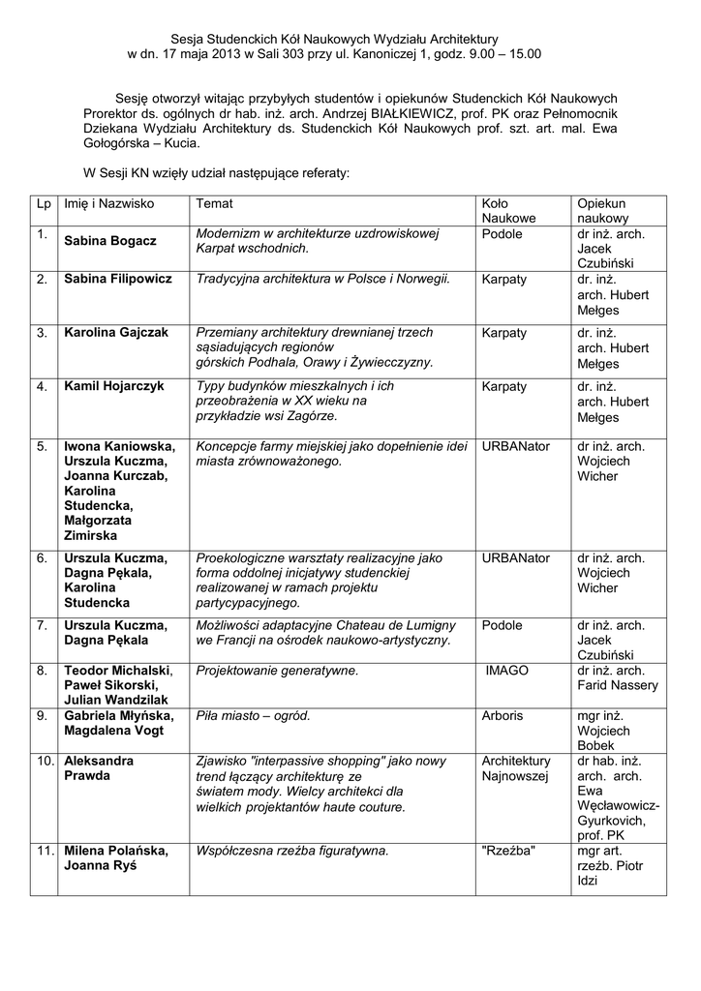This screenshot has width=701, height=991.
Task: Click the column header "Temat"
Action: click(x=214, y=204)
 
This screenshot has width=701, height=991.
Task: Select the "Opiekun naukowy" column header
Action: click(x=602, y=211)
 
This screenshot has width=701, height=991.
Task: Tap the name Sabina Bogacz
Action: click(x=110, y=240)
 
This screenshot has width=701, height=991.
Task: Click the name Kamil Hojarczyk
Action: click(x=114, y=386)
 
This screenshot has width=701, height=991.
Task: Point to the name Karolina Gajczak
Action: click(x=116, y=332)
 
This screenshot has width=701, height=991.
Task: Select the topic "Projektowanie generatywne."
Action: click(x=277, y=669)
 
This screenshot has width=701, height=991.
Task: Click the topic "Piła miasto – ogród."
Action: click(x=253, y=715)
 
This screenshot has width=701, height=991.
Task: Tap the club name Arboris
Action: click(x=502, y=715)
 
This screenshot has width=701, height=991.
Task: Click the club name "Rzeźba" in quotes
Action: click(x=508, y=851)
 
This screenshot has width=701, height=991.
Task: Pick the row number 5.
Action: click(x=43, y=446)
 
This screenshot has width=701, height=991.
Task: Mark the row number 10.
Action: click(x=45, y=761)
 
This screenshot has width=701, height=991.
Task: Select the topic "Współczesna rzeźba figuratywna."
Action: click(x=291, y=851)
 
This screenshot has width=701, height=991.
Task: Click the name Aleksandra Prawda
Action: click(x=99, y=768)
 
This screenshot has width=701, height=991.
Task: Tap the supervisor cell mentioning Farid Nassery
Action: click(x=617, y=677)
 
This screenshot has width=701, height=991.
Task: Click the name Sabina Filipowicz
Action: click(x=118, y=279)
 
